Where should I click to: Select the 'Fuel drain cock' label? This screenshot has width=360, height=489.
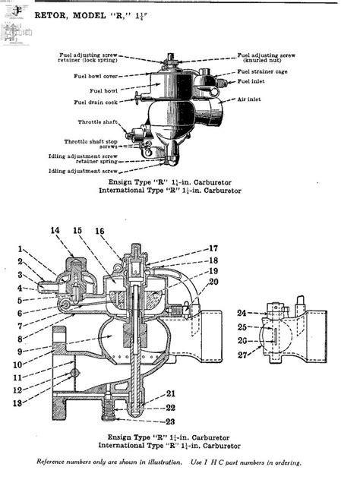click(95, 102)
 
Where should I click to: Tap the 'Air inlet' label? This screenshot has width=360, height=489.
click(251, 98)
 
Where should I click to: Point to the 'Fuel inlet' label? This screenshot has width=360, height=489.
click(254, 80)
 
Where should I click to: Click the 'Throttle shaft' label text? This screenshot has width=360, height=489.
click(98, 121)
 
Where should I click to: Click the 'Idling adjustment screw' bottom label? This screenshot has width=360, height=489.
click(82, 171)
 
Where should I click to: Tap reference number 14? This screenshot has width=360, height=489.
click(55, 230)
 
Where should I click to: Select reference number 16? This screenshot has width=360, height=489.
click(100, 230)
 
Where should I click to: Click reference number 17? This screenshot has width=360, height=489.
click(213, 248)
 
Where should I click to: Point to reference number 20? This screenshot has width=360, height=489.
click(213, 282)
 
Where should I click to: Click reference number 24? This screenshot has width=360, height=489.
click(241, 313)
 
